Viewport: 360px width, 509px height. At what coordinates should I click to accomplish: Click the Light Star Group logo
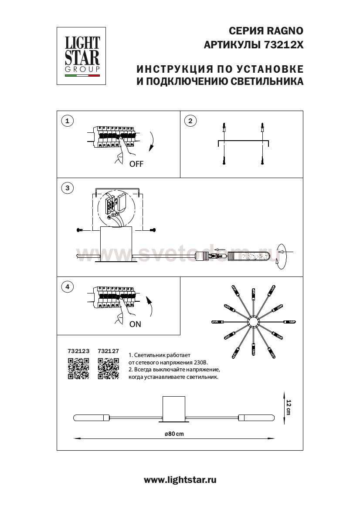82,56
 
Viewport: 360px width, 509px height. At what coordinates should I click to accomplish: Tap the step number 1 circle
67,121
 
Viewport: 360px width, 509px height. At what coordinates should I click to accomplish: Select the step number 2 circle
190,121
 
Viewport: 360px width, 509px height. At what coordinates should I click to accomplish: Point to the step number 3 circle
67,188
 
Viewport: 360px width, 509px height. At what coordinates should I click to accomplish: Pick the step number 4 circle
67,287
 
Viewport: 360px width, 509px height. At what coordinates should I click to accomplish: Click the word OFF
136,164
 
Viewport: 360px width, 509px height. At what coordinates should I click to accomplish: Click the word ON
135,324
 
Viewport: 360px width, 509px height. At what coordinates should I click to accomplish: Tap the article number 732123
78,350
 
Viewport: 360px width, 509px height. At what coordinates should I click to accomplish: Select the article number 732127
109,350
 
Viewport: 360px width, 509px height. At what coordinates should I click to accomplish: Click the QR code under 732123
78,368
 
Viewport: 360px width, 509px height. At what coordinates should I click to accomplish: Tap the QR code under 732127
109,368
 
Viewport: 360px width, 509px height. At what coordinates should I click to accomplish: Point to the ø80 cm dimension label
174,434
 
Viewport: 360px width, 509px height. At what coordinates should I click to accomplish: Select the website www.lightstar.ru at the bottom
180,480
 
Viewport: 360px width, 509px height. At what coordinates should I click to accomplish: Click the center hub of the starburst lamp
253,323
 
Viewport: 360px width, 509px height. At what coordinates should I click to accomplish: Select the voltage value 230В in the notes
200,362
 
